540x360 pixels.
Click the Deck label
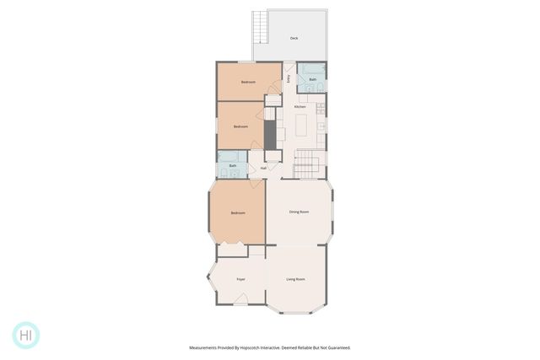tap(294, 38)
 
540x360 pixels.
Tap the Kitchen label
tap(300, 107)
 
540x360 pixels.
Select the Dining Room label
tap(299, 212)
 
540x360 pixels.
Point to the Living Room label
tap(295, 278)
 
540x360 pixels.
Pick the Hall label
tap(263, 168)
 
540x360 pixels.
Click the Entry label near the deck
tap(288, 79)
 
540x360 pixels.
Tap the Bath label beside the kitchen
tap(312, 80)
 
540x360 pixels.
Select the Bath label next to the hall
tap(233, 166)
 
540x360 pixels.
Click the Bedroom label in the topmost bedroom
tap(248, 82)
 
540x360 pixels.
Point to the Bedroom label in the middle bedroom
tap(240, 126)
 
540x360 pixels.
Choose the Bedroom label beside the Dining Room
tap(237, 212)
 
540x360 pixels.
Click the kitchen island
tap(301, 127)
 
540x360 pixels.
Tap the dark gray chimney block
tap(270, 132)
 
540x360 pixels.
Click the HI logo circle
tap(26, 335)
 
